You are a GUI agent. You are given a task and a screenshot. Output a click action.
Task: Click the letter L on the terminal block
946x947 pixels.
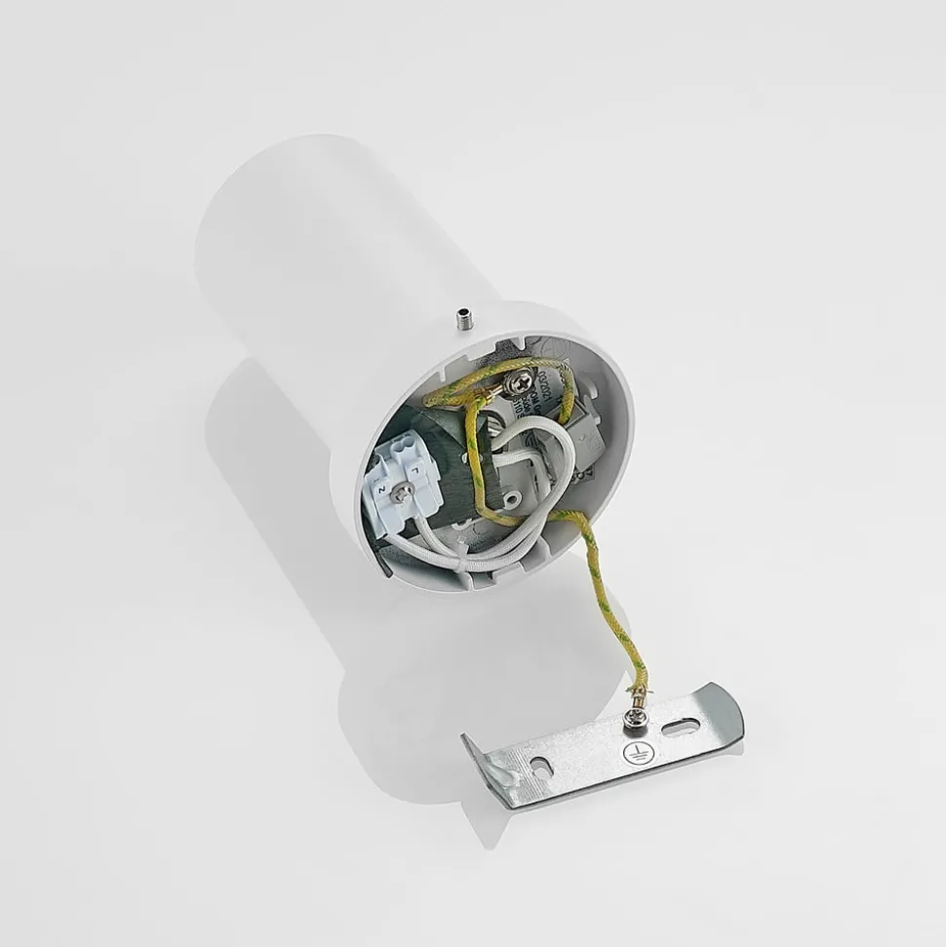(414, 471)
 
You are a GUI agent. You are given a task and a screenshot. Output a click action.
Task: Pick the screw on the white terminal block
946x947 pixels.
(400, 495)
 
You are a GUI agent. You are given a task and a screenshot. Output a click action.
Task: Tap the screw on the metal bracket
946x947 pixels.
(633, 720)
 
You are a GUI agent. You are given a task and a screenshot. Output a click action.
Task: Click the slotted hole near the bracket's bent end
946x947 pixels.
(541, 765)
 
